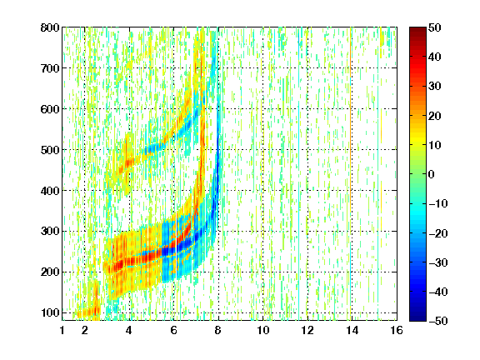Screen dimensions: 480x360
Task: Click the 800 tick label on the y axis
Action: (50, 27)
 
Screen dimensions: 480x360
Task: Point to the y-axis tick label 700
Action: (50, 68)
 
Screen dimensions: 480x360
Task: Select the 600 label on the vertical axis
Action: (50, 109)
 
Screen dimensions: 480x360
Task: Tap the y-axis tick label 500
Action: (50, 150)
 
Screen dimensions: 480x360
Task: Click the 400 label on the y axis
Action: (50, 191)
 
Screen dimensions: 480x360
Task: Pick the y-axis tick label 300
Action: (50, 232)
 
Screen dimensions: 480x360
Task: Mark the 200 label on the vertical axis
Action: (50, 272)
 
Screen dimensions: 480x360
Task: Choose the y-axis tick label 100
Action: (50, 312)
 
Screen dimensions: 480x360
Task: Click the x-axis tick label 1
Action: (62, 331)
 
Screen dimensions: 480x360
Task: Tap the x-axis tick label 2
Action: (85, 331)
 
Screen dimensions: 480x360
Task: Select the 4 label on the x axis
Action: (129, 331)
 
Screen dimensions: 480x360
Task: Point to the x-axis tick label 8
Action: (218, 331)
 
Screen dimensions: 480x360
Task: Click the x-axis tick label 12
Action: (307, 331)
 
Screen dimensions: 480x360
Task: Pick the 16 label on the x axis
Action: (397, 331)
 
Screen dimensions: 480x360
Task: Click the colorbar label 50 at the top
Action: (435, 27)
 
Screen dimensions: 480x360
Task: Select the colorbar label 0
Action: (431, 174)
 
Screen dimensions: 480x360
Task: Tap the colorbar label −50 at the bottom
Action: (438, 321)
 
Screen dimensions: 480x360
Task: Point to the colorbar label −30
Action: (438, 262)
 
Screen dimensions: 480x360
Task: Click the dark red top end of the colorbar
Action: (417, 30)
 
